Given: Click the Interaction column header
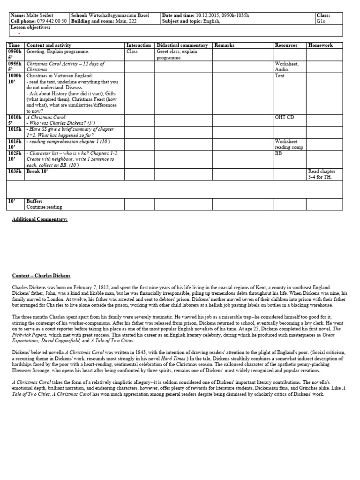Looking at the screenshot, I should (139, 45).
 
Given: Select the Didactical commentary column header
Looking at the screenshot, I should (182, 45).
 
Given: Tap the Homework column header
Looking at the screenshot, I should (321, 45).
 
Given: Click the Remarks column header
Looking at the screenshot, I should (225, 45).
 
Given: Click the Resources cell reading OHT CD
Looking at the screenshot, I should (285, 117).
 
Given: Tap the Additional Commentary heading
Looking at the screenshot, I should (40, 219).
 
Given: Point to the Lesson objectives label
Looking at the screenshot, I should (30, 27).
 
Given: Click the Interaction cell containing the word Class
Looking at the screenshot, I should (132, 52).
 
